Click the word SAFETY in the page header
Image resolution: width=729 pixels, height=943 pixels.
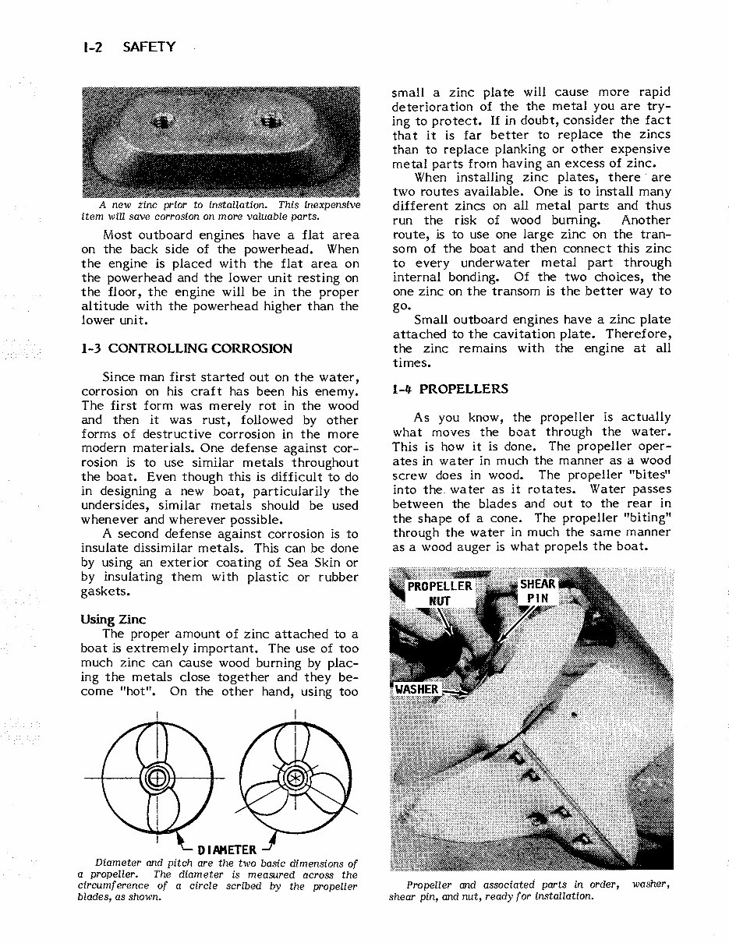[149, 48]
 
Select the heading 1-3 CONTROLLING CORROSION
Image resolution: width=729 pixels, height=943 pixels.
[187, 348]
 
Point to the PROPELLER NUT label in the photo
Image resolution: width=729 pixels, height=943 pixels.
[440, 593]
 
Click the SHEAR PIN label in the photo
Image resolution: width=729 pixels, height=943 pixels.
[538, 592]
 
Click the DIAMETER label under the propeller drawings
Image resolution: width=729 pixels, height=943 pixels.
[227, 849]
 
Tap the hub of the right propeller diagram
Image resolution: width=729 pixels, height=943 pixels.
[295, 779]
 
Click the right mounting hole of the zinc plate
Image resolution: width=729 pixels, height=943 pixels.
[271, 121]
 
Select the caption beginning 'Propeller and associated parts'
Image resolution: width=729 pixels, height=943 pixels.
[530, 890]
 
